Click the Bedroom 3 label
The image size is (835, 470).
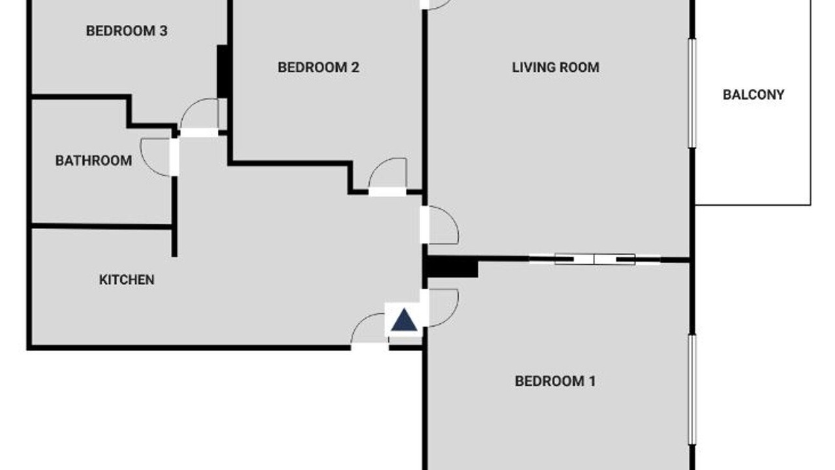pos(127,31)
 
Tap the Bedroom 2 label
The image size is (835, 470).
pos(318,67)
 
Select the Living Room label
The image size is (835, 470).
pos(555,67)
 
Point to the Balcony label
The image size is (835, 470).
pos(753,95)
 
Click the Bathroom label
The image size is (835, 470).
pos(93,161)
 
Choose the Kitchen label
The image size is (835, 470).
pos(127,280)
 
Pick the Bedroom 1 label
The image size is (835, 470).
pos(555,381)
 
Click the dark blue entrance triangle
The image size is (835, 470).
pos(404,320)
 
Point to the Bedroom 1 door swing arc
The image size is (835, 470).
pos(452,315)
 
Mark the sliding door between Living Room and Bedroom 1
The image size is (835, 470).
pos(594,259)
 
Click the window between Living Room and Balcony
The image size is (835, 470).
pos(692,93)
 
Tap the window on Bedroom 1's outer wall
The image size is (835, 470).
pos(692,390)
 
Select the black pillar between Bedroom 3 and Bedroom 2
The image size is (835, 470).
pos(222,71)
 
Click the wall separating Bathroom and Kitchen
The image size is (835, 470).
pos(101,226)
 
